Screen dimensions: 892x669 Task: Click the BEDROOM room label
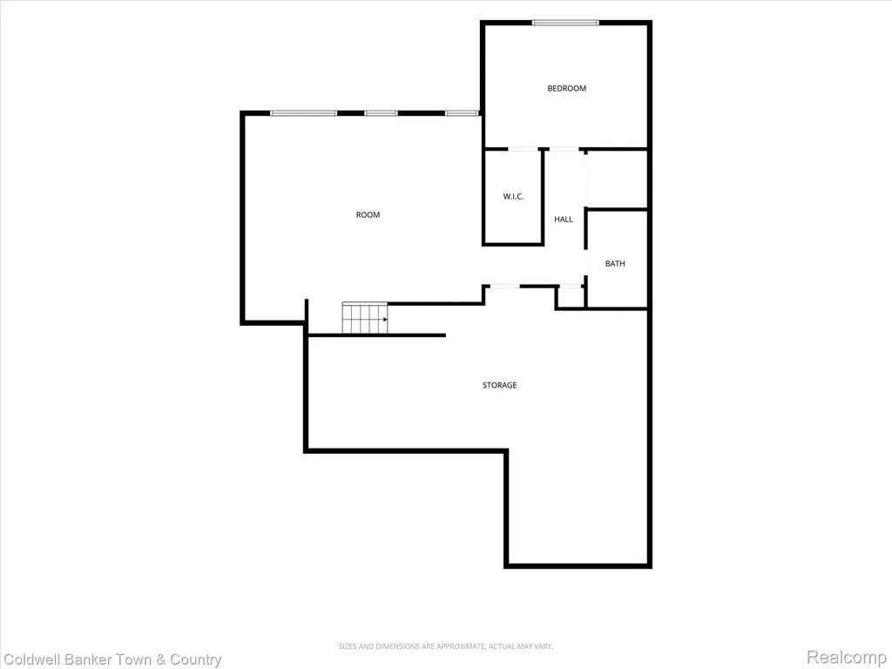point(566,88)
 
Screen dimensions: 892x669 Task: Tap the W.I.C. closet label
point(513,197)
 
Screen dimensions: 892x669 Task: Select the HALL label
point(564,219)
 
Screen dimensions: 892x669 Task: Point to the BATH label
point(615,263)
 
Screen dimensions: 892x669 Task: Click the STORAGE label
point(499,385)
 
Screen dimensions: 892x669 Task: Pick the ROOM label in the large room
point(368,214)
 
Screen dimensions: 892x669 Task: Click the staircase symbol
point(365,319)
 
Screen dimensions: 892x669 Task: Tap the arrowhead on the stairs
point(385,319)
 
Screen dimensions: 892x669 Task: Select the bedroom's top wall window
point(565,23)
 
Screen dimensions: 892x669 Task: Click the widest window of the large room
point(303,113)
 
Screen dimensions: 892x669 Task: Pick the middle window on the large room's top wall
point(382,113)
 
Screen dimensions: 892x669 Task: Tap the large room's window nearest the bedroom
point(462,113)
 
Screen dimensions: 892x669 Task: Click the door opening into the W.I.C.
point(523,149)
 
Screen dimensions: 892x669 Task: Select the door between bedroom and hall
point(564,149)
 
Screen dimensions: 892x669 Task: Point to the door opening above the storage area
point(504,286)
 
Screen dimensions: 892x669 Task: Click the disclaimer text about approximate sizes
point(446,646)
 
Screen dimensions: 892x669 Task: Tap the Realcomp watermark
point(847,657)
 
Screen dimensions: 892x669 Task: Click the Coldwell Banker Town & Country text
point(112,660)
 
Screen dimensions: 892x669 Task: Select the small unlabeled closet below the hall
point(570,298)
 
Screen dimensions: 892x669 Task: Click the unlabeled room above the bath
point(618,179)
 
